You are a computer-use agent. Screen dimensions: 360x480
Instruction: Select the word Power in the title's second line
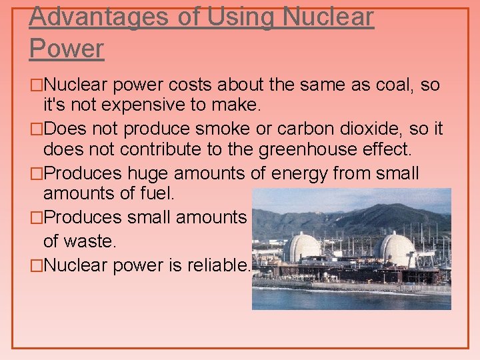click(67, 49)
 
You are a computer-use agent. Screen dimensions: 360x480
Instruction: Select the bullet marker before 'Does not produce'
click(37, 129)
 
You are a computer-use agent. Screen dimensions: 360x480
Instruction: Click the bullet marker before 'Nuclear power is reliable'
click(37, 265)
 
